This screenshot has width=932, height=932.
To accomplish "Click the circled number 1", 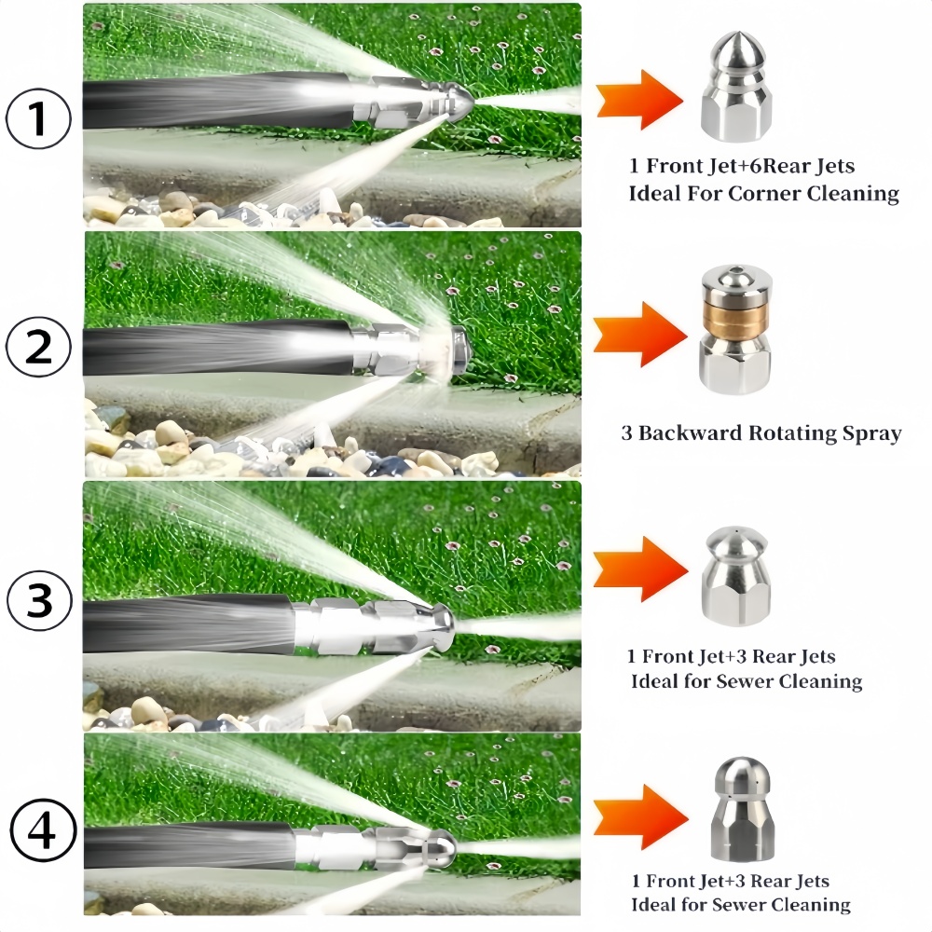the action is point(38,117).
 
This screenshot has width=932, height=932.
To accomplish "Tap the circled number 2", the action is point(38,347).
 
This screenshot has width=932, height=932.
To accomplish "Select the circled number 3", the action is point(40,600).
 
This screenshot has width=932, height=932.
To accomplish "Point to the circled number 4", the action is point(43,831).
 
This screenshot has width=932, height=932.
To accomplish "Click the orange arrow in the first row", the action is point(639,100).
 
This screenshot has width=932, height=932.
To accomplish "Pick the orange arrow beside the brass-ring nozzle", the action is point(640,334).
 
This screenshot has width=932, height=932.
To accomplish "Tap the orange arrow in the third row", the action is point(641,569).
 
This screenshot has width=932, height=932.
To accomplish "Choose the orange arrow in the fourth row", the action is point(641,817).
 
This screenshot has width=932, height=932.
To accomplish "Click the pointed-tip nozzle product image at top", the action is point(736,87).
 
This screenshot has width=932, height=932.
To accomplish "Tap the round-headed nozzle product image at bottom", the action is point(741,809).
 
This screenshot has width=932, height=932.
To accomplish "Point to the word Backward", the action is point(690,432).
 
